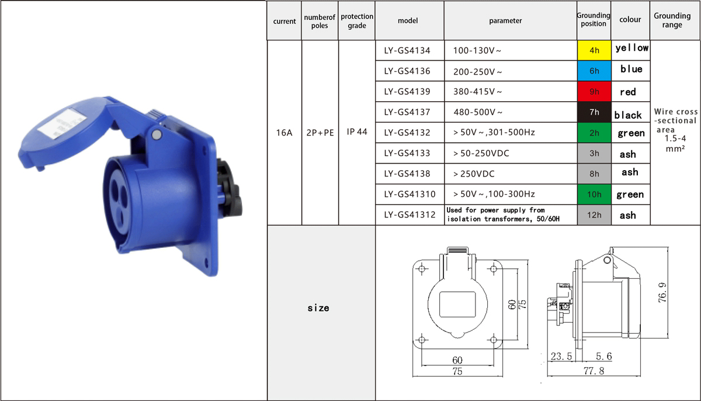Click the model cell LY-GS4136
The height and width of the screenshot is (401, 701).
point(407,71)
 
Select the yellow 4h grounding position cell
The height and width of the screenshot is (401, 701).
point(594,50)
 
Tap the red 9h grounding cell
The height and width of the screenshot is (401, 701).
point(594,91)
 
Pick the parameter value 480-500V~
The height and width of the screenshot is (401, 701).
point(478,112)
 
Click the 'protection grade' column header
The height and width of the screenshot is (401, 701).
point(357,20)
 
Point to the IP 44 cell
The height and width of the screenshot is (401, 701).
point(357,132)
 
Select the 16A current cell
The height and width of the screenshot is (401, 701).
point(284,133)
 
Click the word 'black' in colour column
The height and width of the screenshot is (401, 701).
point(628,115)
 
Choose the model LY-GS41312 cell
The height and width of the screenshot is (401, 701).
point(410,215)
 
